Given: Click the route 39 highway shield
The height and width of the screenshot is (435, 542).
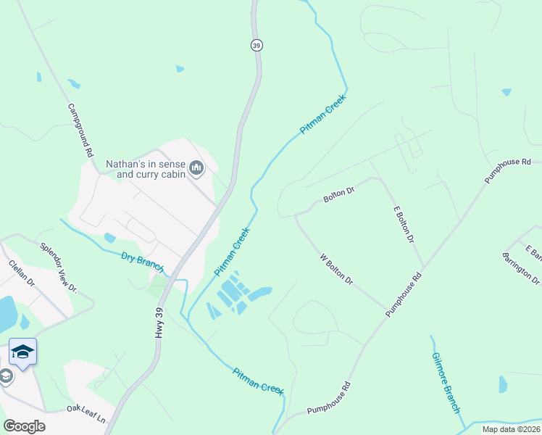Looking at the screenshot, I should click(x=257, y=45).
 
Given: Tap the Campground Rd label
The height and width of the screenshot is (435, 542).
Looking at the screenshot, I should click(x=81, y=130).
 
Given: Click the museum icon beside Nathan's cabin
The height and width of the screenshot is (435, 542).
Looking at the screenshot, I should click(x=196, y=169).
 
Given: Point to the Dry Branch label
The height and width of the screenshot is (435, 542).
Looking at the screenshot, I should click(x=143, y=261).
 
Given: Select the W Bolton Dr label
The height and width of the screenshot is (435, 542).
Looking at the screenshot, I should click(x=336, y=268).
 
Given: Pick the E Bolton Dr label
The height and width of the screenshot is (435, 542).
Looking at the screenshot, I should click(x=404, y=224).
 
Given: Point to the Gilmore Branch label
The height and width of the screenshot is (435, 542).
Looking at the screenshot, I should click(x=446, y=383).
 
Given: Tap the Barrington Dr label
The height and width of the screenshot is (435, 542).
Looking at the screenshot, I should click(x=521, y=269).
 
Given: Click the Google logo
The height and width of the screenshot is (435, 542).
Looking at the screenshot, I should click(x=24, y=426).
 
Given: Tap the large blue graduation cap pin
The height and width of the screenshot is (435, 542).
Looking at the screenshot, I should click(x=23, y=352).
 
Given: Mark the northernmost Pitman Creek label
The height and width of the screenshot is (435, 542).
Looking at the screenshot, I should click(x=324, y=115).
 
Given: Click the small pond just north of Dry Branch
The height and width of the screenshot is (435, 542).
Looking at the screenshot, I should click(x=109, y=238).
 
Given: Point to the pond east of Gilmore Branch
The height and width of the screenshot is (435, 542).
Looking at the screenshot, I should click(x=503, y=384).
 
